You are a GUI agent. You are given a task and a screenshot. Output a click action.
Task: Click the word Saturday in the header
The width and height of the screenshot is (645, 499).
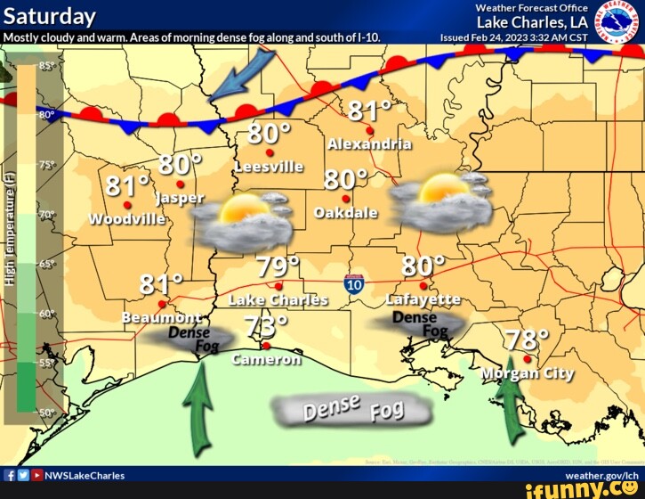click(x=49, y=16)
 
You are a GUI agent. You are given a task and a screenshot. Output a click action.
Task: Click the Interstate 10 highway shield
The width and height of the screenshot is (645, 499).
click(x=354, y=285)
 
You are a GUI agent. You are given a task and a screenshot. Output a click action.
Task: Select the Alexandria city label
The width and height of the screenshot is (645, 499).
click(x=369, y=144)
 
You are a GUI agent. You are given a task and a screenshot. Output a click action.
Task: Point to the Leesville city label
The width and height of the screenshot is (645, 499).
click(x=269, y=167)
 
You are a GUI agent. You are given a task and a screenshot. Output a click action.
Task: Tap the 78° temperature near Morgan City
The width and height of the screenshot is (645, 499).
click(x=527, y=340)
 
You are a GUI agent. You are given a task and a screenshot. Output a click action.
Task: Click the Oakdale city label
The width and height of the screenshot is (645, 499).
click(x=347, y=213)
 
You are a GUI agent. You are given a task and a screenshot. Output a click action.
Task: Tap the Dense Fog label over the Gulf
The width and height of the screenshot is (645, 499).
click(x=353, y=410)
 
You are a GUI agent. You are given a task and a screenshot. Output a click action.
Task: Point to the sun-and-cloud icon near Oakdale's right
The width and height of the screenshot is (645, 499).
click(x=441, y=200)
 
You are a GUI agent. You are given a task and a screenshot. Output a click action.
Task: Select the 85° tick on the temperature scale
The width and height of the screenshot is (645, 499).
click(x=46, y=67)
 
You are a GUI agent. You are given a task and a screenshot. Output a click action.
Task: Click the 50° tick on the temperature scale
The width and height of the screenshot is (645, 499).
click(x=46, y=413)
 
